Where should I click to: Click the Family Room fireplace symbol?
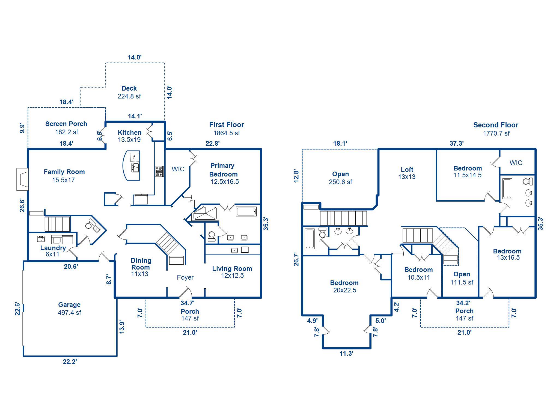point(22,179)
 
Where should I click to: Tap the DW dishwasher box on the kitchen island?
point(134,157)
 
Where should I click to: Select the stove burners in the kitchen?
point(159,171)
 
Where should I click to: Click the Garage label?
point(69,305)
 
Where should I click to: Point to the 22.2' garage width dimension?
point(70,362)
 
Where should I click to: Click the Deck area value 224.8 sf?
point(129,96)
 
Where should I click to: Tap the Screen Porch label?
point(66,124)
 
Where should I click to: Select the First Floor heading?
point(227,125)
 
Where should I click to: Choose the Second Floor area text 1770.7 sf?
point(496,133)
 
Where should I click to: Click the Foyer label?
point(185,277)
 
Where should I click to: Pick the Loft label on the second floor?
point(407,170)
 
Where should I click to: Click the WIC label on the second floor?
point(516,163)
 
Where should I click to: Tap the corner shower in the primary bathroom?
point(206,213)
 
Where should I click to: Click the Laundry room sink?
point(41,239)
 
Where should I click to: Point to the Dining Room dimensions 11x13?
point(139,274)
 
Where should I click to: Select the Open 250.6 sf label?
point(340,178)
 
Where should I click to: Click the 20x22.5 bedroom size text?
point(344,290)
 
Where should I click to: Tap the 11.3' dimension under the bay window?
point(346,354)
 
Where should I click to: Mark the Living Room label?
point(232,269)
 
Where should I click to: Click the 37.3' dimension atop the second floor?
point(457,143)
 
